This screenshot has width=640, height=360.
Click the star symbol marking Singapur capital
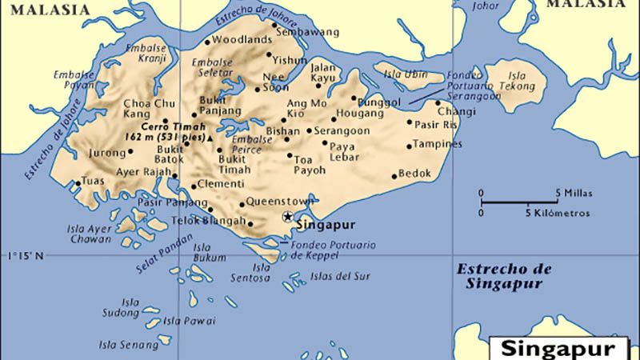(x=288, y=216)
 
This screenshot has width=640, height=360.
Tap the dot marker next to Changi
(x=438, y=102)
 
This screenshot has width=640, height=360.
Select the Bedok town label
(x=415, y=174)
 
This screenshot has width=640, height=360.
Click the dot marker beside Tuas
(x=78, y=183)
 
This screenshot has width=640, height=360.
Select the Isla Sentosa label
(x=262, y=272)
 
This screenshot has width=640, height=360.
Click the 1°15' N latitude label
(x=26, y=256)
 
